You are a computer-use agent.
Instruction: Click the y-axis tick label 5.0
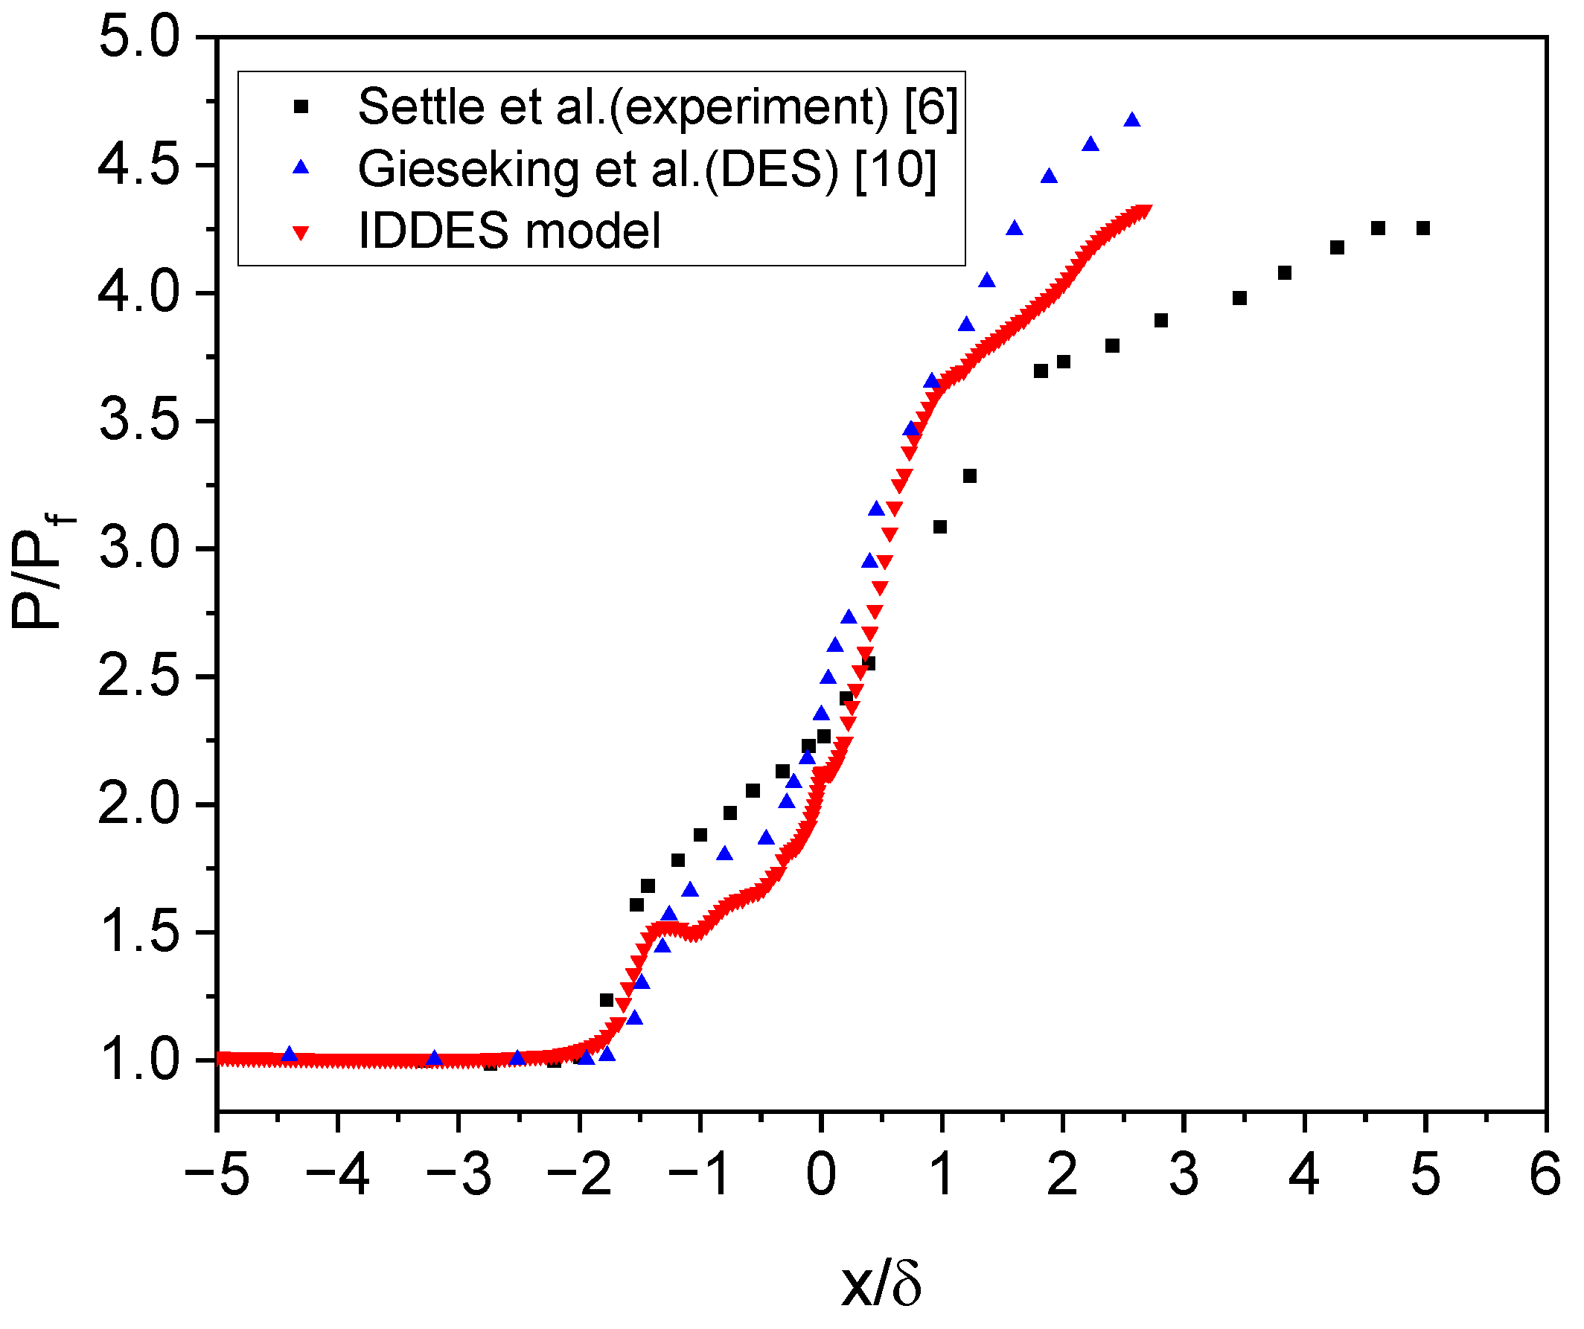139,38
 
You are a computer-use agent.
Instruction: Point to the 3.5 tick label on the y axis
139,421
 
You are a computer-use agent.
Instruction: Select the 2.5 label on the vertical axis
139,677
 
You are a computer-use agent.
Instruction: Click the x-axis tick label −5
217,1174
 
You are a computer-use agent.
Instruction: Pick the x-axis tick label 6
1545,1174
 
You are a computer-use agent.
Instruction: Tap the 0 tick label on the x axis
822,1174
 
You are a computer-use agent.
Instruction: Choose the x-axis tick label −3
459,1174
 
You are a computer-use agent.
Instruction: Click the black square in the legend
301,107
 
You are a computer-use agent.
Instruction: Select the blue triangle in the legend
301,168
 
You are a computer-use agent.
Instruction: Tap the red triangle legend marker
301,233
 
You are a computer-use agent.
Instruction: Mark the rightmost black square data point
1423,228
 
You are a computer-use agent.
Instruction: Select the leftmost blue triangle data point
289,1054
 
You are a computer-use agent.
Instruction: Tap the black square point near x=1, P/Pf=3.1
940,528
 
